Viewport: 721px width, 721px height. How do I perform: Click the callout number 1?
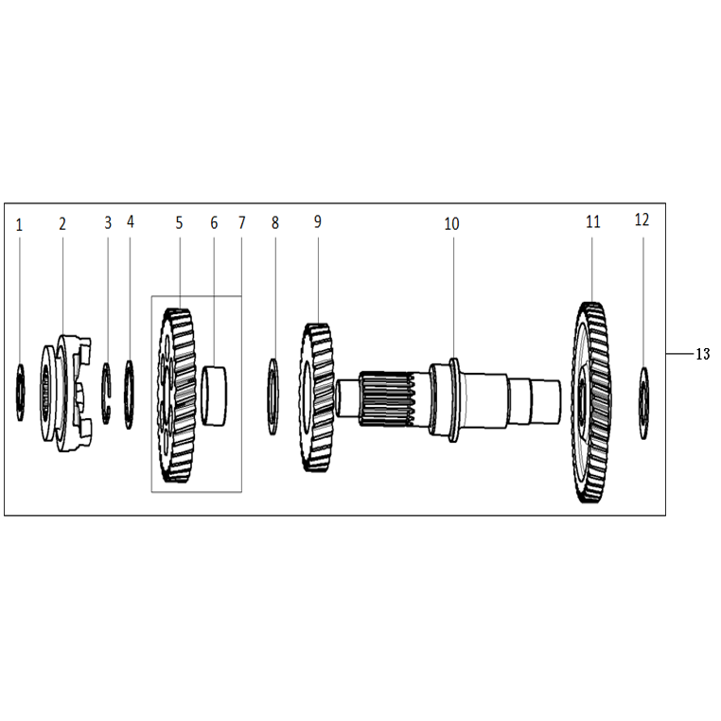tap(19, 225)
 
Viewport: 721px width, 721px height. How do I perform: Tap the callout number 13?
tap(703, 354)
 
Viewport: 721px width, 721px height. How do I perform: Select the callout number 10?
tap(451, 224)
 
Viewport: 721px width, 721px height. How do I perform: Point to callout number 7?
tap(242, 223)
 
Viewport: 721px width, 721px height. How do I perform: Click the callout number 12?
tap(642, 220)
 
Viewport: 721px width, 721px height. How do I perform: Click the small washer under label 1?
tap(20, 393)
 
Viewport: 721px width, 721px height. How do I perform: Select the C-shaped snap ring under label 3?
tap(106, 394)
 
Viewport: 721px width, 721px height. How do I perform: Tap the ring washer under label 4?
tap(130, 395)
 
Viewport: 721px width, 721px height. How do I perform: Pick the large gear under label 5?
tap(176, 396)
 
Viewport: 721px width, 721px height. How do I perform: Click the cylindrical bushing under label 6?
tap(214, 396)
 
